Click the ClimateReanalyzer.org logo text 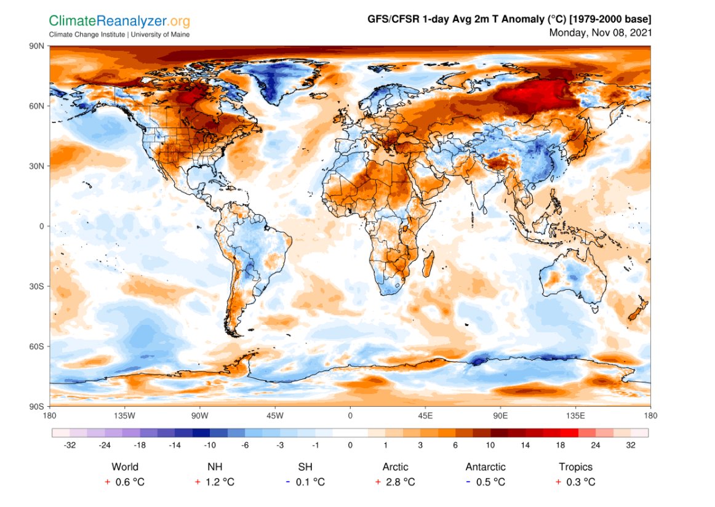120,22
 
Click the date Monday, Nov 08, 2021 600,32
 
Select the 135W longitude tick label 125,416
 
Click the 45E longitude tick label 425,416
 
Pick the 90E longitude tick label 500,416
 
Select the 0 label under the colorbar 350,445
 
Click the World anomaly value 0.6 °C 130,482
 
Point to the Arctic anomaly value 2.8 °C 400,482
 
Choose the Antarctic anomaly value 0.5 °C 490,482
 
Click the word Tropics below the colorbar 575,467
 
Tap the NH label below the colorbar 215,467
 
